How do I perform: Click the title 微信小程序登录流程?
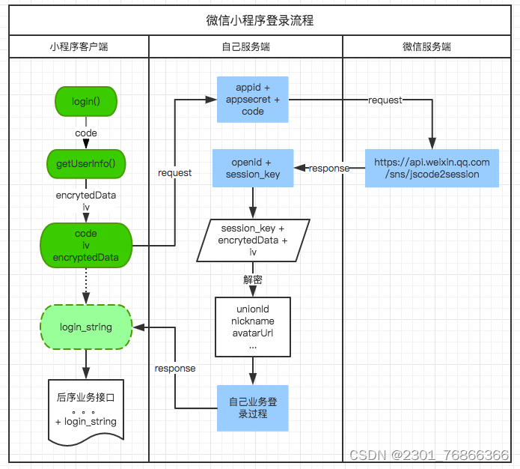pos(260,20)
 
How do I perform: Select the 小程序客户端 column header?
pos(79,46)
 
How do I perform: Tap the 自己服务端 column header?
pos(245,46)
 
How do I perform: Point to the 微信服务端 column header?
pos(426,46)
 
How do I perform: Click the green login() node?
pos(86,101)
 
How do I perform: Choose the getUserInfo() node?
pos(86,163)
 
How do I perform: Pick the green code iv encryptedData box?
pos(86,246)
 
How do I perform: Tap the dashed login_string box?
pos(86,327)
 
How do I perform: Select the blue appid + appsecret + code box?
pos(253,100)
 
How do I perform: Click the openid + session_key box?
pos(253,168)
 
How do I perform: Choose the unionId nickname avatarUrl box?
pos(253,327)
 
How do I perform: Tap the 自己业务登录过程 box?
pos(253,408)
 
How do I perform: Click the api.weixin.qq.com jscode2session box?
pos(432,168)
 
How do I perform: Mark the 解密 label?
pos(253,279)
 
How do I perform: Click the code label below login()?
pos(86,133)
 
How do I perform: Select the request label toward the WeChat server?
pos(385,100)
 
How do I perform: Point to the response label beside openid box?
pos(329,168)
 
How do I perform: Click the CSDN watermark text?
pos(429,455)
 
